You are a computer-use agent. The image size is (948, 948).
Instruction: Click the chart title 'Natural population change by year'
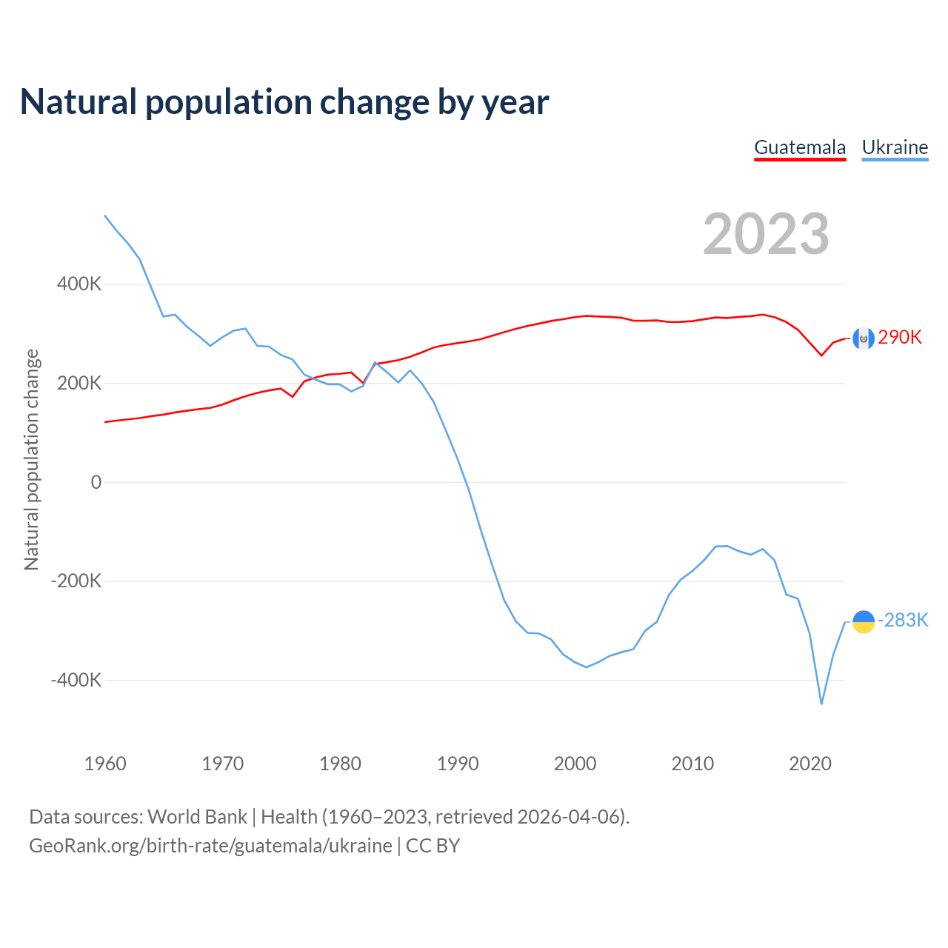click(x=284, y=102)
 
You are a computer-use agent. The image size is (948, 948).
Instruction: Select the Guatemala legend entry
click(x=800, y=147)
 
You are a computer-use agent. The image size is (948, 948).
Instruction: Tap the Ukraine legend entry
click(x=895, y=147)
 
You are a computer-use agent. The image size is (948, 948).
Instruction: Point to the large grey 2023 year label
click(x=766, y=234)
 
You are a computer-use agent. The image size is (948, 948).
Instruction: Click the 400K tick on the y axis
click(x=79, y=284)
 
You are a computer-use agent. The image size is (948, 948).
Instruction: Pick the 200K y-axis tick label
click(x=79, y=384)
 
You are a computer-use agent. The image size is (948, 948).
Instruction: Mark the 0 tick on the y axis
click(x=96, y=483)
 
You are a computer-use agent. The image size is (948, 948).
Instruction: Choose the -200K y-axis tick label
click(x=76, y=581)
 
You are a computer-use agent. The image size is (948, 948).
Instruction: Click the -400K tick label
click(x=76, y=680)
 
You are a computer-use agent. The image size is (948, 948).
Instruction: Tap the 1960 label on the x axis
click(x=105, y=764)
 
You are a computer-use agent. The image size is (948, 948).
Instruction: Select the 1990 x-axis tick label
click(x=458, y=764)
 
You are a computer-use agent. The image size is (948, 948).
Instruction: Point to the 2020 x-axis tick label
click(x=810, y=764)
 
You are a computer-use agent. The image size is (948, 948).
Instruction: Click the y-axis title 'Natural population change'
click(x=32, y=460)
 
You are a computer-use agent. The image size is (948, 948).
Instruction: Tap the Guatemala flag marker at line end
click(x=864, y=338)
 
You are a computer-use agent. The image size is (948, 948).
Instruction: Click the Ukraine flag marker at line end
click(x=864, y=622)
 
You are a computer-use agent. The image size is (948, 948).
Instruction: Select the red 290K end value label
click(x=900, y=338)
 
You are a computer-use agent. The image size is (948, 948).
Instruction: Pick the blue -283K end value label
click(x=903, y=621)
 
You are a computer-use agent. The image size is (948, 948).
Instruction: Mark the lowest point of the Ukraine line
click(x=821, y=704)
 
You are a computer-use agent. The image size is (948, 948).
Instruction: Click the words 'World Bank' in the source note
click(x=197, y=817)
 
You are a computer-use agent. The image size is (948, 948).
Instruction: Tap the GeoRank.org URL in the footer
click(x=210, y=846)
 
